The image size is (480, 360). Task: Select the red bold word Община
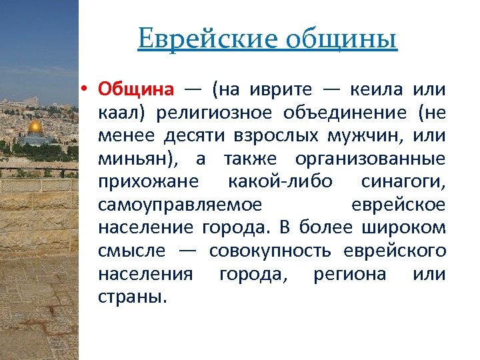pos(136,89)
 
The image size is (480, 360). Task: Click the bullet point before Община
pos(87,90)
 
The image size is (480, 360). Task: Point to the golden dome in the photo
pos(34,127)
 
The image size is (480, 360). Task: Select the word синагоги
pos(403,183)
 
